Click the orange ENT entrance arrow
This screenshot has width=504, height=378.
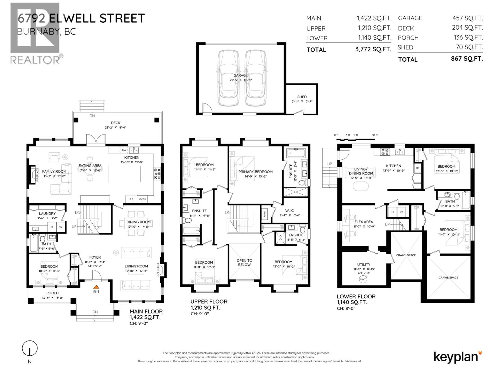(96, 287)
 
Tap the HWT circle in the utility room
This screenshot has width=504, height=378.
(363, 279)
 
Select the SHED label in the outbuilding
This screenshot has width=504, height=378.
(302, 97)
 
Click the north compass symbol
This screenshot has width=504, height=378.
(30, 349)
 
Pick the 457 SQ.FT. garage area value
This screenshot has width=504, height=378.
(467, 18)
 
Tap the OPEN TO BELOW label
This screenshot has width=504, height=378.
(244, 263)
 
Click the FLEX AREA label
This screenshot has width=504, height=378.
(364, 222)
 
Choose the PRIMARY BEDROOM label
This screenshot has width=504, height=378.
(255, 172)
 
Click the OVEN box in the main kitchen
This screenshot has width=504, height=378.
(142, 199)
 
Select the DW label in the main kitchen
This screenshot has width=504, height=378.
(124, 150)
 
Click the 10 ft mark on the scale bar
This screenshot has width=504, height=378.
(375, 135)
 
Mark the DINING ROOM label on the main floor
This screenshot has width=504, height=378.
(139, 222)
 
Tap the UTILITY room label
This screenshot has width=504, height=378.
(364, 265)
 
